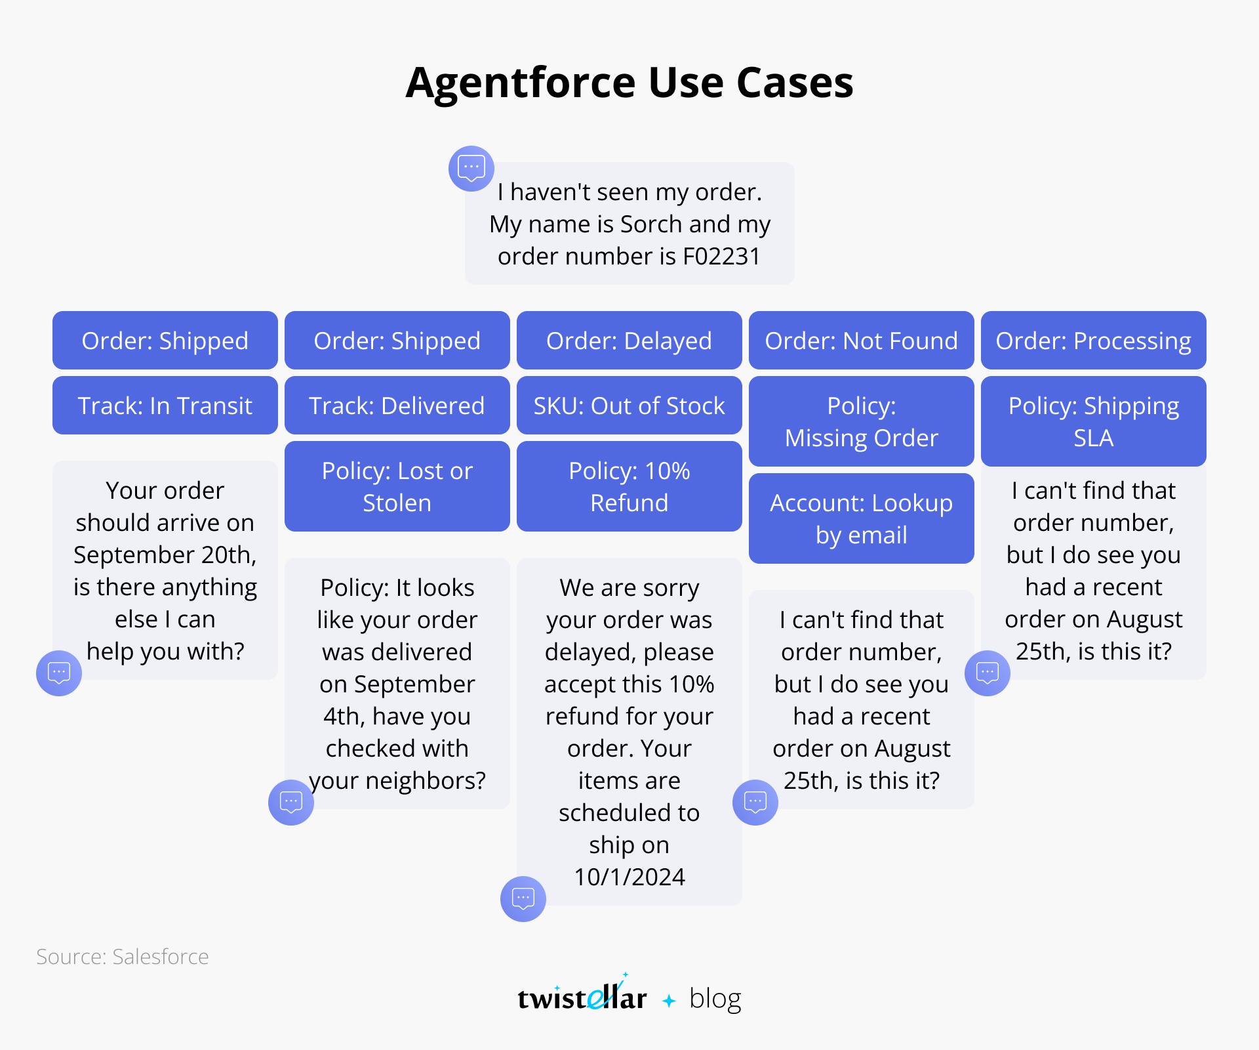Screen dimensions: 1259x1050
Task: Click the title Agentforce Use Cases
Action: click(x=629, y=83)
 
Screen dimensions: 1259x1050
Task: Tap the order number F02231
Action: click(x=721, y=257)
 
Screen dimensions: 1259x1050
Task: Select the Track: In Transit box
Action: click(x=165, y=406)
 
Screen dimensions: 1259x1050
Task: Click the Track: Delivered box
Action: click(x=397, y=406)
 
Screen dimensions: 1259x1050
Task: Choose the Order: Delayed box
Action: click(x=629, y=341)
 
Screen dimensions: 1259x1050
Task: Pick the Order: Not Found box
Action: click(x=862, y=341)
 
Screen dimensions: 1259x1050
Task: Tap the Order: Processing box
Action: click(x=1094, y=341)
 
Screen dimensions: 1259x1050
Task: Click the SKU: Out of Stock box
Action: click(x=629, y=406)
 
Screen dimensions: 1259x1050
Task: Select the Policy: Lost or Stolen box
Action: click(x=397, y=486)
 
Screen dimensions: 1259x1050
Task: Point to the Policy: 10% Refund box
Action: click(x=629, y=486)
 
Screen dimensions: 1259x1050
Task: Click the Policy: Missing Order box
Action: click(x=862, y=421)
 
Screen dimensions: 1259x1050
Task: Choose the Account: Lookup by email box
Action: click(x=862, y=518)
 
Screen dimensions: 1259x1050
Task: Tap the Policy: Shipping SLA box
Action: click(x=1094, y=421)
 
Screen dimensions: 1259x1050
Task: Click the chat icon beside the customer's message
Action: click(x=471, y=169)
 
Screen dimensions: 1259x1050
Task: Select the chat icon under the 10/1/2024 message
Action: click(x=523, y=899)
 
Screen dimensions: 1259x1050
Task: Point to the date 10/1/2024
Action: click(x=629, y=877)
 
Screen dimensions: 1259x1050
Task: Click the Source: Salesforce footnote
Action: click(x=123, y=957)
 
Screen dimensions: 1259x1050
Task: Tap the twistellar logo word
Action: click(x=582, y=995)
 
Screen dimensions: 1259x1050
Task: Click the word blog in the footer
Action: click(x=715, y=999)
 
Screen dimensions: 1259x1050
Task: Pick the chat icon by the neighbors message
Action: click(x=291, y=803)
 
